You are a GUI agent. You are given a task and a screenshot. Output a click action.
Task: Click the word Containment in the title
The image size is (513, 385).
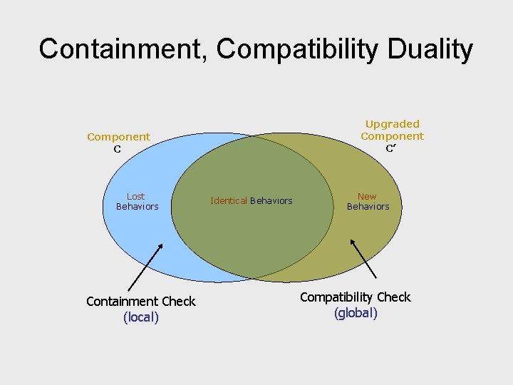click(122, 49)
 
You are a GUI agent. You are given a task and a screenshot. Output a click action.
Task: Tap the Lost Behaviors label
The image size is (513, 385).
click(137, 201)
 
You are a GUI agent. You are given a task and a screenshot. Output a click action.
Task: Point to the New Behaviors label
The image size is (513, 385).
click(368, 201)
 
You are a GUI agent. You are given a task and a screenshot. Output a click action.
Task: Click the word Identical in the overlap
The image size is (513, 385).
click(229, 201)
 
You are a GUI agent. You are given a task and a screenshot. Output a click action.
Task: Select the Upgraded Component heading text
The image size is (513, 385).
click(392, 130)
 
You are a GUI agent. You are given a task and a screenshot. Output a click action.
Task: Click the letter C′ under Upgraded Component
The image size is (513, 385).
click(391, 148)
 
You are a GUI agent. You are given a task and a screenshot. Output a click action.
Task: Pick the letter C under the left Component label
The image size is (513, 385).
click(118, 149)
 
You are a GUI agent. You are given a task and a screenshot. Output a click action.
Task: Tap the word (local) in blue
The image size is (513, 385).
click(140, 317)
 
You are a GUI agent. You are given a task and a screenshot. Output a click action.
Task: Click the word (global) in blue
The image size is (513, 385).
click(356, 313)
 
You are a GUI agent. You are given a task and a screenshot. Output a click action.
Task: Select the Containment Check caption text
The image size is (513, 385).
click(140, 302)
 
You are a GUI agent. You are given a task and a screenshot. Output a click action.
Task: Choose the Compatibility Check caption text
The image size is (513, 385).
click(356, 297)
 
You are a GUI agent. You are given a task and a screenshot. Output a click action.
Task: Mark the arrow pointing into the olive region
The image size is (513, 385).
click(363, 257)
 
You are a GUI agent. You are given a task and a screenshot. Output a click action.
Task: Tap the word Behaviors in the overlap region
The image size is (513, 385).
click(271, 201)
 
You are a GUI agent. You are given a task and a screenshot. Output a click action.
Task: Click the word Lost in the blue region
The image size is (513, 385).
click(136, 196)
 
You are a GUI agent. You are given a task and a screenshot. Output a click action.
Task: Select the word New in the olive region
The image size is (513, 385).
click(367, 196)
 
